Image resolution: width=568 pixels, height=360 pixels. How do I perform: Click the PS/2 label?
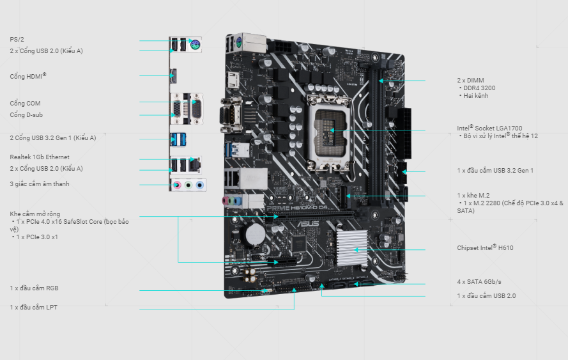tap(17, 39)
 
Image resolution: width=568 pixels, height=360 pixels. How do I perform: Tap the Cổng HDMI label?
tap(28, 76)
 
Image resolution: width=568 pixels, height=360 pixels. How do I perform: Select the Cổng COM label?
tap(25, 104)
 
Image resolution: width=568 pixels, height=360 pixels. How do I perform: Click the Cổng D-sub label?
tap(26, 115)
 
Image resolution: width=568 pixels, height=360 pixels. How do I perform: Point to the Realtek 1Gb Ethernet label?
tap(40, 157)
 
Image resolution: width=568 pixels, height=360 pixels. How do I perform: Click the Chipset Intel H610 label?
tap(485, 247)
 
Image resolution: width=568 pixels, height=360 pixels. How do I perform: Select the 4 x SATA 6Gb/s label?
tap(479, 282)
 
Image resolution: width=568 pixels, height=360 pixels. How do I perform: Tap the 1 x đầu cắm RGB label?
tap(34, 288)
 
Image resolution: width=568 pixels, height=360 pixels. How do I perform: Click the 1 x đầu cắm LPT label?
tap(33, 308)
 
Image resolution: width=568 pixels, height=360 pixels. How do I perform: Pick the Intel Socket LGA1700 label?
tap(489, 128)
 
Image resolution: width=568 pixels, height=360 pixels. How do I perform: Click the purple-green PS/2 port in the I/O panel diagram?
tap(196, 45)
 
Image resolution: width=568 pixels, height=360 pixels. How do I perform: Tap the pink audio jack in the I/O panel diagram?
tap(177, 185)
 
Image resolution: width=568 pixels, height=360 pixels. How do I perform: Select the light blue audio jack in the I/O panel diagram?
tap(199, 185)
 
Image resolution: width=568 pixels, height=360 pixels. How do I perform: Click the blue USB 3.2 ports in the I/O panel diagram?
tap(178, 139)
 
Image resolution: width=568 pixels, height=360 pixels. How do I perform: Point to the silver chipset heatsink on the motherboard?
tap(351, 248)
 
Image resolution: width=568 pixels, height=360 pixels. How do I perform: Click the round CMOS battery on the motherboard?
tap(256, 234)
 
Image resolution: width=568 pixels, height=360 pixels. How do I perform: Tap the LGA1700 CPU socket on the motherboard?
tap(329, 133)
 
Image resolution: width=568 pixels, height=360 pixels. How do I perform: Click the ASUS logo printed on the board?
tap(308, 224)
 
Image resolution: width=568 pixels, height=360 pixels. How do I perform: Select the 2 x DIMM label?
tap(470, 81)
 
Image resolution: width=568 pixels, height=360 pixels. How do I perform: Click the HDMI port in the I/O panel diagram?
tap(173, 75)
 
